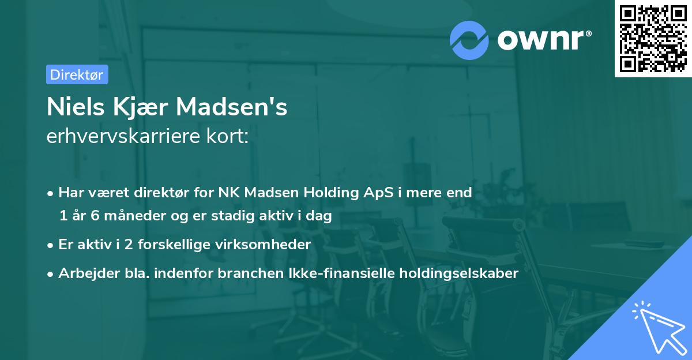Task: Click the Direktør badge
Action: [77, 74]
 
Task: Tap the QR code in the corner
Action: [652, 38]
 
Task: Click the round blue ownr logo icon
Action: [469, 40]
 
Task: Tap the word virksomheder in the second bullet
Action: [269, 245]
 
